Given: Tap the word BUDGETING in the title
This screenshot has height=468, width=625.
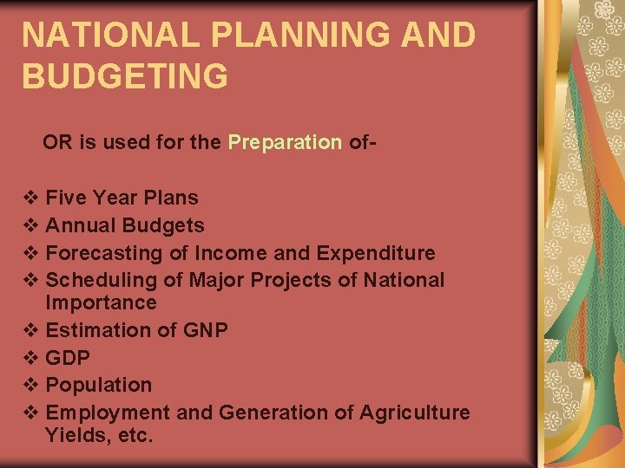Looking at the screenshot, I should click(x=125, y=76).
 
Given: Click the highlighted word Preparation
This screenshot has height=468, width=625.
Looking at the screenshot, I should click(x=285, y=142).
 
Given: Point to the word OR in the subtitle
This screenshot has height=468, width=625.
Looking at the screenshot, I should click(x=57, y=142).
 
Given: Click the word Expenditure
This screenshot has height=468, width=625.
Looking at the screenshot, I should click(x=376, y=253).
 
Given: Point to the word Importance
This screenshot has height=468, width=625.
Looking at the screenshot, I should click(x=101, y=302).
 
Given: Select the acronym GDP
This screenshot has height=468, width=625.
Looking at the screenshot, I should click(x=68, y=357).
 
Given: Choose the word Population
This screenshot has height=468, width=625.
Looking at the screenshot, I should click(x=98, y=385).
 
